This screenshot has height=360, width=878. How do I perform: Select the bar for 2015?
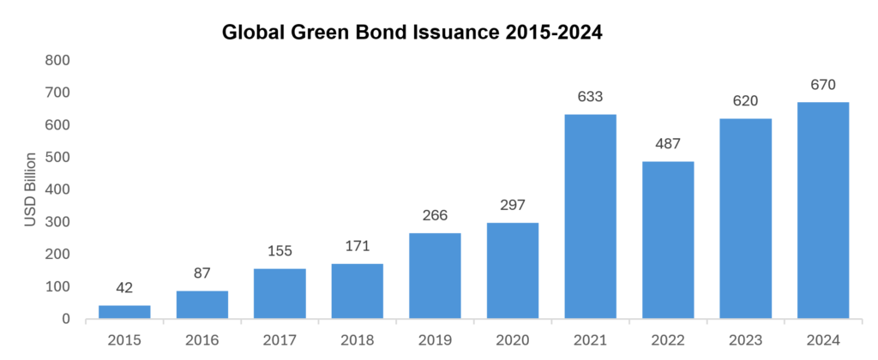[x=124, y=312]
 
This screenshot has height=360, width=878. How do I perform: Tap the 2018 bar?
[x=357, y=291]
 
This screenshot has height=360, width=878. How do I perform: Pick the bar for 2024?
[x=823, y=210]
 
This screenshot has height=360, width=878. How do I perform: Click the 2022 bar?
[x=668, y=240]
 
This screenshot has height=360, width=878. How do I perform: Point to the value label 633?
[x=590, y=97]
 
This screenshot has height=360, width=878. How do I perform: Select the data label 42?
[x=124, y=288]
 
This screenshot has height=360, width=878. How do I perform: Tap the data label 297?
[x=513, y=205]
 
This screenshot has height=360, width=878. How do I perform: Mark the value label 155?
[x=280, y=251]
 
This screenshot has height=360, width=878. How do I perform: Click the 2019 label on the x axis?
[x=435, y=340]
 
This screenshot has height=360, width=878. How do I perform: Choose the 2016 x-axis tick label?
[x=201, y=340]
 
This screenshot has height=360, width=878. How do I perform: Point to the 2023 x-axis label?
[x=745, y=340]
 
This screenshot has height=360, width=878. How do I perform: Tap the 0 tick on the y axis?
[x=66, y=319]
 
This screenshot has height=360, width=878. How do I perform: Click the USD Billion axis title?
[x=31, y=189]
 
